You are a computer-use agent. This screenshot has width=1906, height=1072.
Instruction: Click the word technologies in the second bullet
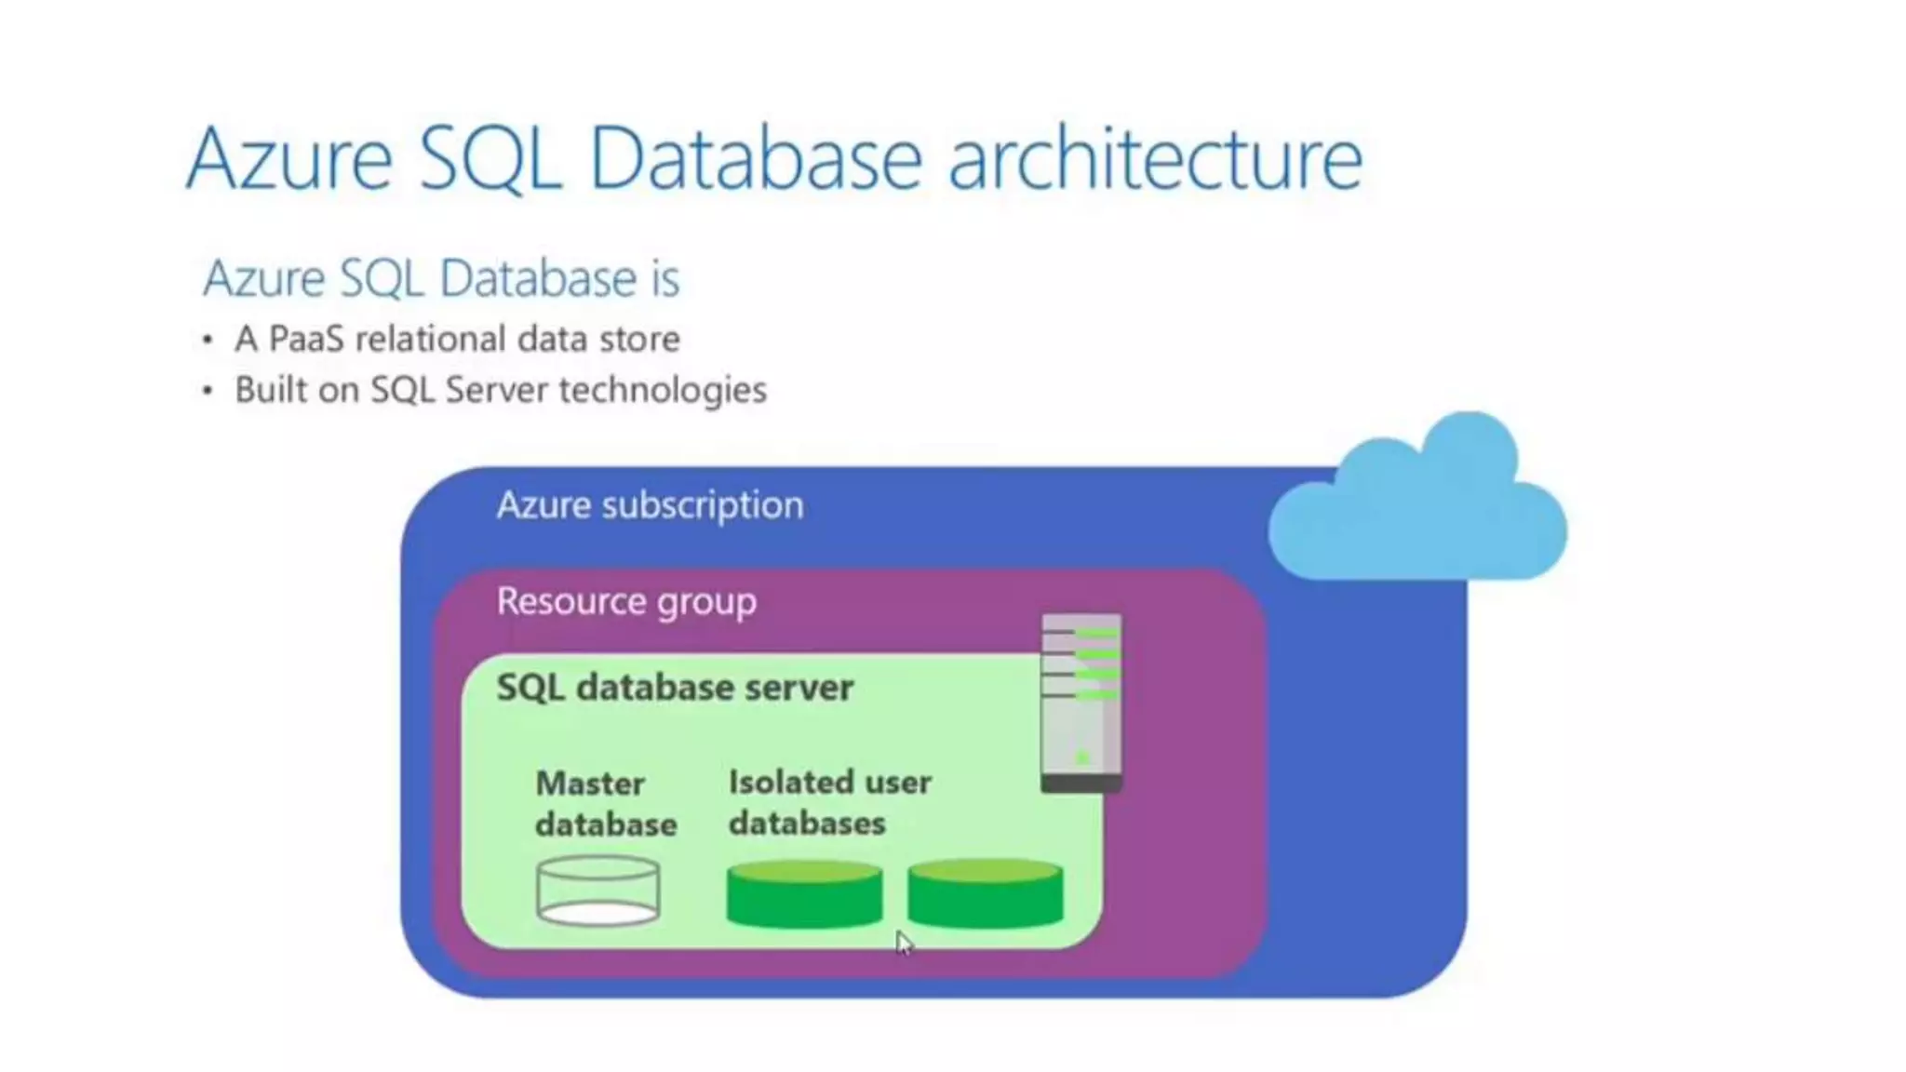click(x=663, y=390)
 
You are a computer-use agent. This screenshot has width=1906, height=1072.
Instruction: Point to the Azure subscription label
click(x=650, y=505)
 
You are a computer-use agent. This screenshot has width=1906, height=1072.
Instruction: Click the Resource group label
click(x=626, y=602)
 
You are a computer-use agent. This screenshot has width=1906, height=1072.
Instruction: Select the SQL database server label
click(x=675, y=688)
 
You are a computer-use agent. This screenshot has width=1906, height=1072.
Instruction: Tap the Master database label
click(x=605, y=803)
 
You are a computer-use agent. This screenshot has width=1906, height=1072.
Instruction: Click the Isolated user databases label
click(x=829, y=802)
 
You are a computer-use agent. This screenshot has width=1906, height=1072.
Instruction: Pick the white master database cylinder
click(x=598, y=891)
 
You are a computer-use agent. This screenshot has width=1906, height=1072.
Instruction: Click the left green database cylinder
click(x=804, y=894)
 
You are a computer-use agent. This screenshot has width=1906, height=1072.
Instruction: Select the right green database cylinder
click(x=985, y=894)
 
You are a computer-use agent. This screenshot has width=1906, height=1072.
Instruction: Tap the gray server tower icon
click(x=1081, y=698)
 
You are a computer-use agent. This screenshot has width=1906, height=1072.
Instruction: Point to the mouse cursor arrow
click(x=903, y=942)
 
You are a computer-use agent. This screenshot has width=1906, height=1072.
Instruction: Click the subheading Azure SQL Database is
click(x=441, y=278)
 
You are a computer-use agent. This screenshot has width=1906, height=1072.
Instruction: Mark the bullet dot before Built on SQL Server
click(x=208, y=390)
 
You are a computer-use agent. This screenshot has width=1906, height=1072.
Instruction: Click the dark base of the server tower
click(x=1081, y=784)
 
